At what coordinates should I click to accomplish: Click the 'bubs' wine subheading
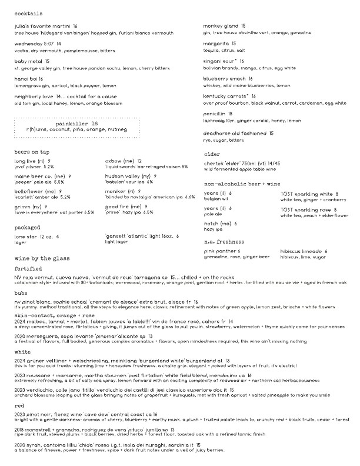[x=21, y=292]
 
